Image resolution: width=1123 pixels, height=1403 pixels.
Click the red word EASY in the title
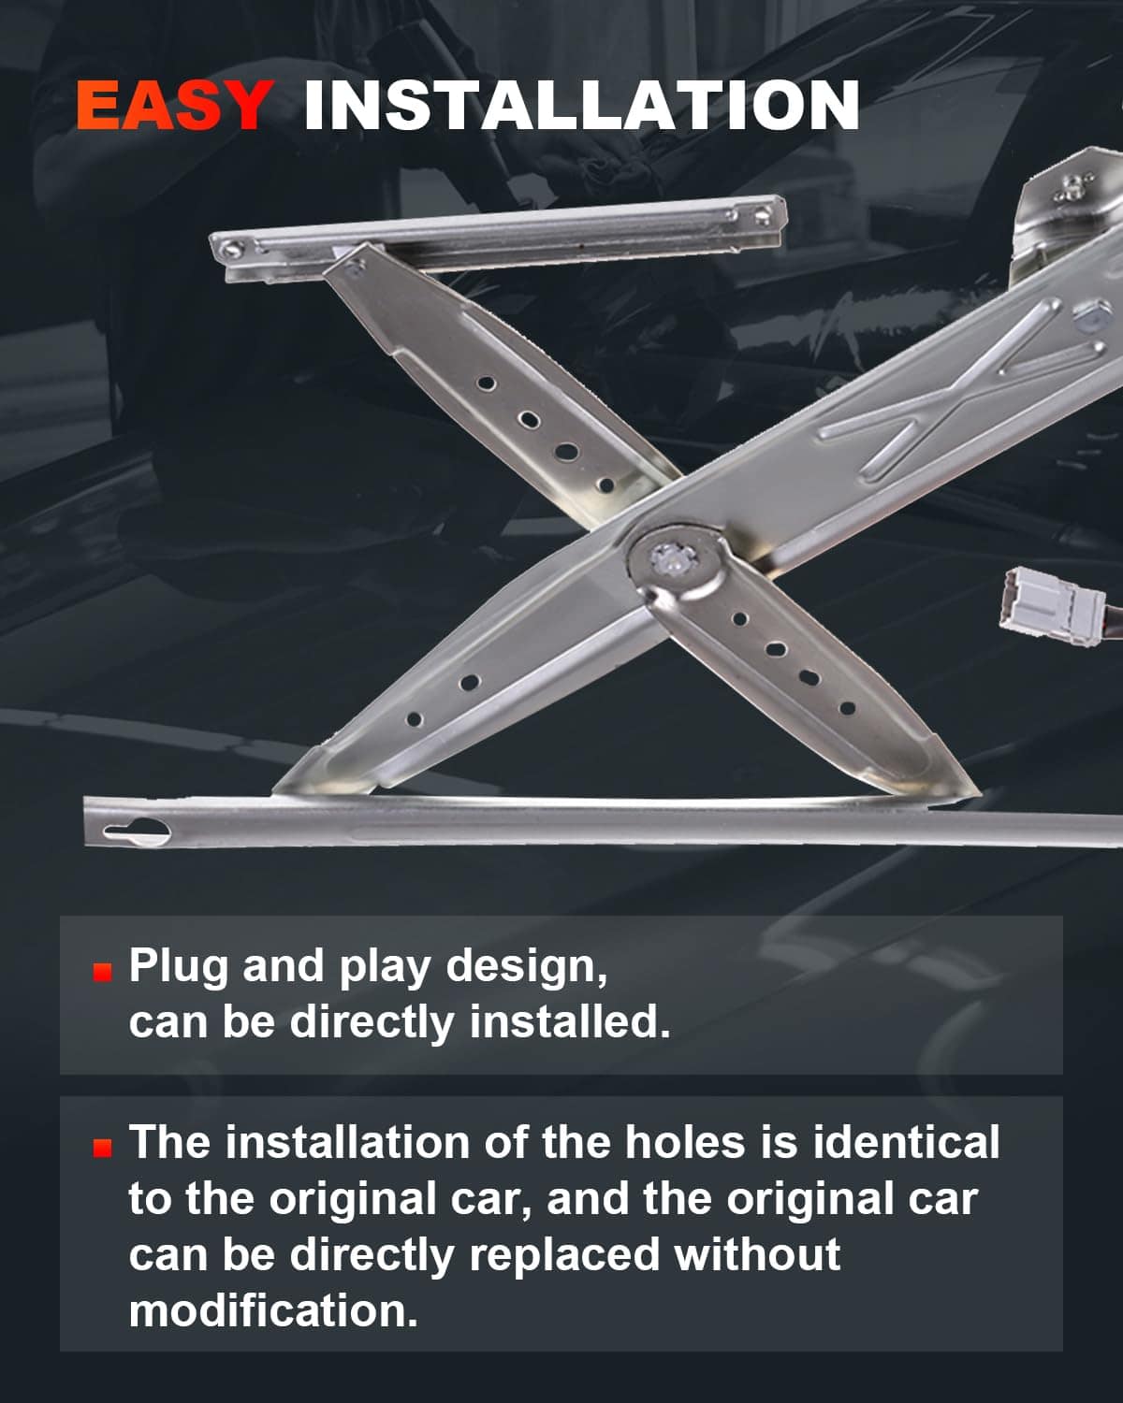pyautogui.click(x=174, y=105)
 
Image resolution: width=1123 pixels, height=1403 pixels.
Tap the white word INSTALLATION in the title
pyautogui.click(x=581, y=105)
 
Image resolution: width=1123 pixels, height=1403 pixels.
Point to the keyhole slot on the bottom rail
pyautogui.click(x=137, y=832)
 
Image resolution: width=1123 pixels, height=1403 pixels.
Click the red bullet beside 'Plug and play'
pyautogui.click(x=102, y=972)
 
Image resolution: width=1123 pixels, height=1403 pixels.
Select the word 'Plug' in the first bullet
pyautogui.click(x=178, y=967)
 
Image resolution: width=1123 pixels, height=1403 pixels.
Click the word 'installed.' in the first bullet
pyautogui.click(x=570, y=1022)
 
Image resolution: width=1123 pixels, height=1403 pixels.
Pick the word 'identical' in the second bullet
pyautogui.click(x=906, y=1142)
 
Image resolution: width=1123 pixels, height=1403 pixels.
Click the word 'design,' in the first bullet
pyautogui.click(x=527, y=968)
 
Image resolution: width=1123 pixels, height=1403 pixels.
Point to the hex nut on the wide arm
pyautogui.click(x=1092, y=316)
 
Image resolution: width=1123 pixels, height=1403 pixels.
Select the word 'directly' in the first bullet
pyautogui.click(x=372, y=1023)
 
